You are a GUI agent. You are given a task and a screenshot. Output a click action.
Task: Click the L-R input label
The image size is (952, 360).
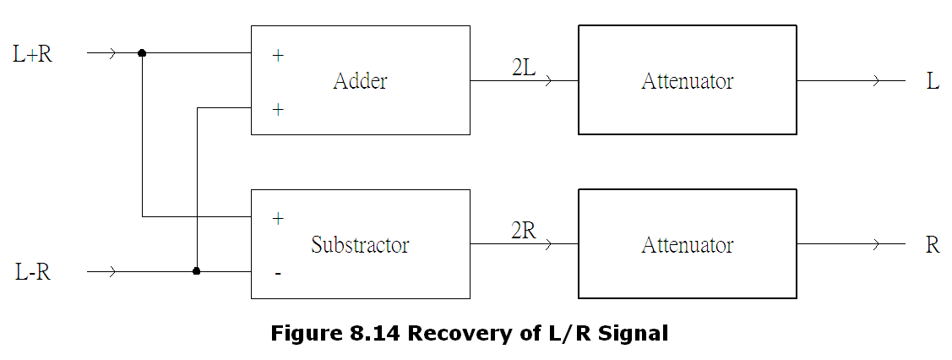click(33, 273)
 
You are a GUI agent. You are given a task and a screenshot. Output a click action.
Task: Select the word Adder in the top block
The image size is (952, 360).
click(360, 81)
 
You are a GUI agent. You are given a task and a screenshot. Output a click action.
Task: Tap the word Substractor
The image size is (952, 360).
click(360, 245)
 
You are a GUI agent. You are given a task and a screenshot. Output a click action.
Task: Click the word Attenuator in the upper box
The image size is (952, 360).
click(687, 81)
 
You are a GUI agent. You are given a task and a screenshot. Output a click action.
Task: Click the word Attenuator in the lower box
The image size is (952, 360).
click(687, 245)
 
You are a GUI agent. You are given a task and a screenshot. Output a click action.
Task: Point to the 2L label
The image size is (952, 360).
click(524, 68)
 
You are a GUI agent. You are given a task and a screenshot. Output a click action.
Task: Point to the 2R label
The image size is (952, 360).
click(524, 231)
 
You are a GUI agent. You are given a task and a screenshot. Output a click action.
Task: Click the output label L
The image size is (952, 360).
click(933, 82)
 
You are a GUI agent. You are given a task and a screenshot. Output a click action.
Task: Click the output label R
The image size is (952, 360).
click(933, 246)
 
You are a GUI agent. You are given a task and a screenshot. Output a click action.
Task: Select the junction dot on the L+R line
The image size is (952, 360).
click(142, 53)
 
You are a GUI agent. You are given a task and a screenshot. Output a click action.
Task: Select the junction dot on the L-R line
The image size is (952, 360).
click(197, 271)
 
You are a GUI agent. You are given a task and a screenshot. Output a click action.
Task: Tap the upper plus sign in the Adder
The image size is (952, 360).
click(277, 56)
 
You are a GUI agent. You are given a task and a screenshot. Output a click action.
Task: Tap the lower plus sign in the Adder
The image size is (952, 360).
click(277, 109)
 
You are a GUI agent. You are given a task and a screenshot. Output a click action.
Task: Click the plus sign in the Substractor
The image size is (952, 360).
click(277, 218)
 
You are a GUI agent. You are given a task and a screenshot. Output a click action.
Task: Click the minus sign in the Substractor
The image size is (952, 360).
click(277, 274)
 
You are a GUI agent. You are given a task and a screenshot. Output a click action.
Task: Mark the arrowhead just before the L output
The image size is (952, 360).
click(876, 81)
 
